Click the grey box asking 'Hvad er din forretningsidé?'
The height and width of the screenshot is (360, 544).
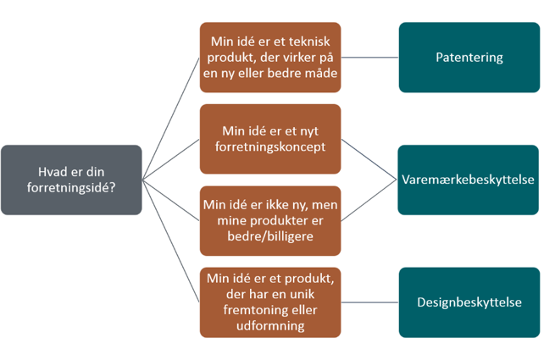point(71,179)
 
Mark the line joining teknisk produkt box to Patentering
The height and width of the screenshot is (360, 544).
point(370,58)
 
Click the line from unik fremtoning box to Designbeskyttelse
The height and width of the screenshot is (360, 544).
point(370,301)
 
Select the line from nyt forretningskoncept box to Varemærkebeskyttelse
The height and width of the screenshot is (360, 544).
point(370,158)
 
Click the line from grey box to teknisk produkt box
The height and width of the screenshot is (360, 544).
point(170,119)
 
